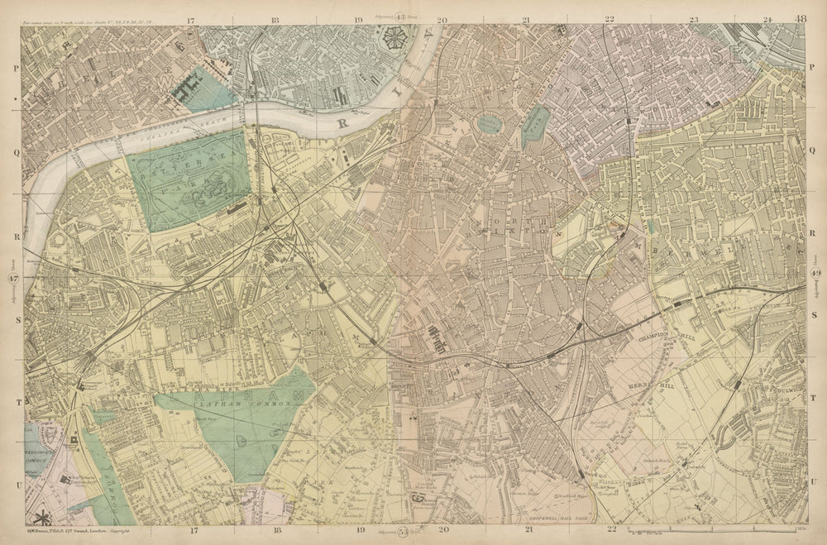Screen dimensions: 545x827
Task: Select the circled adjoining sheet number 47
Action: [x=12, y=279]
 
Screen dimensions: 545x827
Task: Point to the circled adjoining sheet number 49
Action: [x=815, y=274]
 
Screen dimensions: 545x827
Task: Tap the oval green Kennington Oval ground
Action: [x=489, y=124]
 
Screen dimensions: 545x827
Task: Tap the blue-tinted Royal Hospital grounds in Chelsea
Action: [x=199, y=89]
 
